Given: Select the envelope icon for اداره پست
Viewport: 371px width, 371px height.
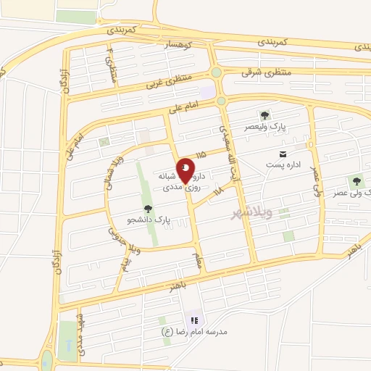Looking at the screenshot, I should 283,154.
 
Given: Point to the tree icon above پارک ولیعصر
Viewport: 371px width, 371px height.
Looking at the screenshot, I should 264,114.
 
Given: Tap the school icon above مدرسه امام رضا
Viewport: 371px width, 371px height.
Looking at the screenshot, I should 193,320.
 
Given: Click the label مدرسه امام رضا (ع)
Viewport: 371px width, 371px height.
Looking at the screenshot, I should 194,331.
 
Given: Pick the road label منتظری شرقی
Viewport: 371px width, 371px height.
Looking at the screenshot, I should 267,72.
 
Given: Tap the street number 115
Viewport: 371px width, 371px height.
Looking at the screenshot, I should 201,154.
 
